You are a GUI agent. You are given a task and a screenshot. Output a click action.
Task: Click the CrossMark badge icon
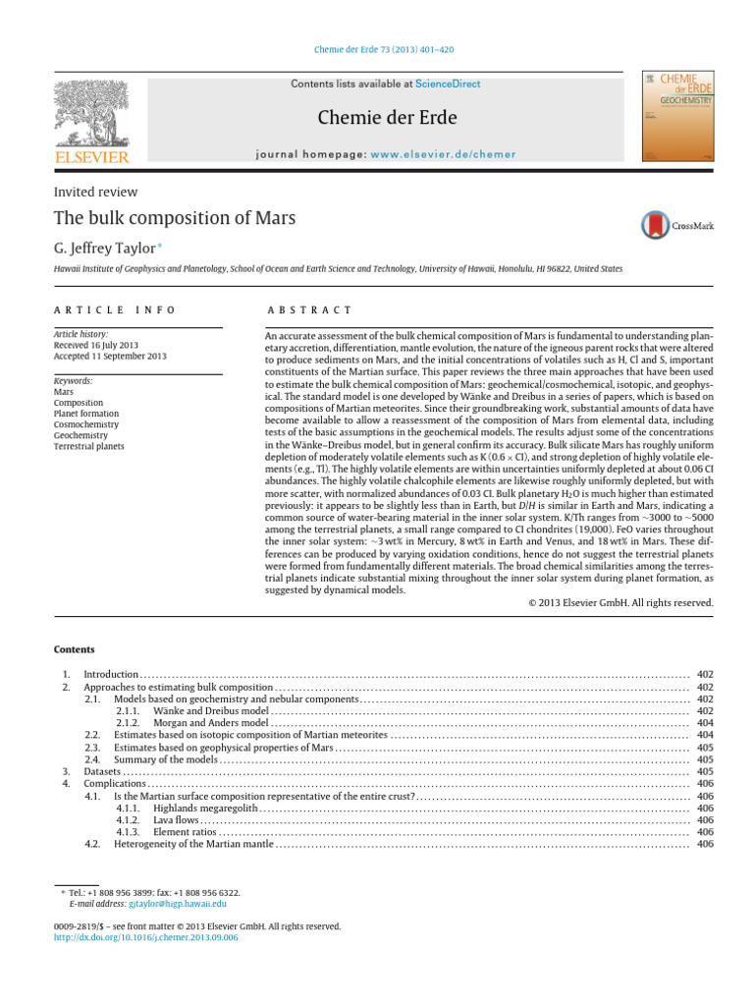tap(655, 225)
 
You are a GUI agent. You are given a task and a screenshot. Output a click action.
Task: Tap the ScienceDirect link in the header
tap(448, 84)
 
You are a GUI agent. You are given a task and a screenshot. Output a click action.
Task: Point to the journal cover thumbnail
tap(676, 116)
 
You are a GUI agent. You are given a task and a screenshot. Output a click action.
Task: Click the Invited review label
tap(95, 192)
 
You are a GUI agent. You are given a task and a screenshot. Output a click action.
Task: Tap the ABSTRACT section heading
tap(310, 309)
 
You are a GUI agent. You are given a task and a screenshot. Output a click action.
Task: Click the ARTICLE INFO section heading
tap(115, 309)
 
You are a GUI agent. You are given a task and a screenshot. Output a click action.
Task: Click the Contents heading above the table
tap(75, 649)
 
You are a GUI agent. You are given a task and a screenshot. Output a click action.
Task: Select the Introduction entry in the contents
tap(111, 675)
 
